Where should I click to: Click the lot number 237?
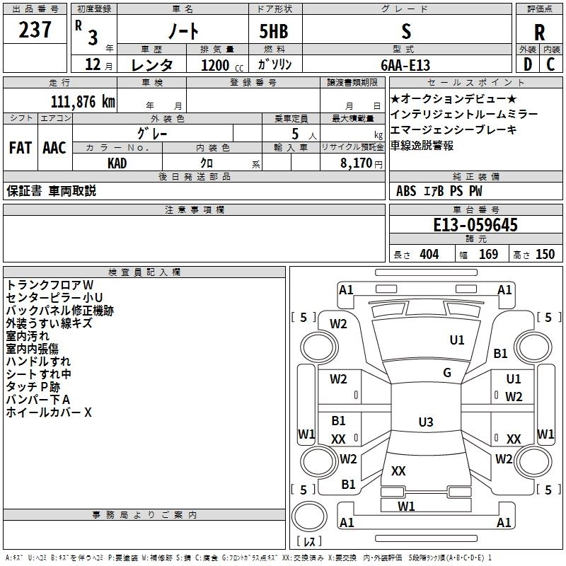(x=36, y=30)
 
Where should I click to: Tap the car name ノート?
(x=182, y=31)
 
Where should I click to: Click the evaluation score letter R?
(x=540, y=33)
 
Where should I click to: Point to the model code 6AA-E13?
(x=405, y=64)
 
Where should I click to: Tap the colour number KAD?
(x=117, y=163)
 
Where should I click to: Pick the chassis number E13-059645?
(x=475, y=225)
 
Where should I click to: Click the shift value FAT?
(x=20, y=147)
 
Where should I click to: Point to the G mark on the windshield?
(x=447, y=373)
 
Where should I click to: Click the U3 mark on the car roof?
(x=425, y=422)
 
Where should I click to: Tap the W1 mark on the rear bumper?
(x=406, y=506)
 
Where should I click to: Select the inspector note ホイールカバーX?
(x=49, y=412)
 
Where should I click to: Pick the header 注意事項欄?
(x=195, y=210)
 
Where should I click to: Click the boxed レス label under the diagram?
(x=308, y=543)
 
